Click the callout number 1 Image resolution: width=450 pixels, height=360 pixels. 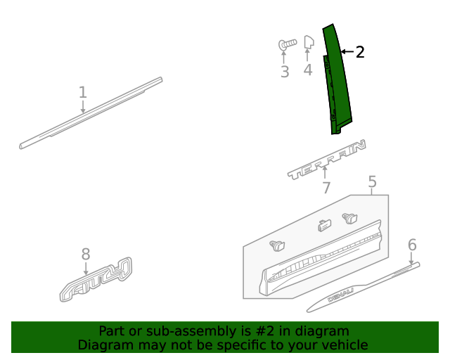tap(83, 92)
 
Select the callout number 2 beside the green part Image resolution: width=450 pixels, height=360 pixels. tap(360, 52)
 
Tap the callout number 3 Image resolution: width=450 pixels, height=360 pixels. tap(285, 72)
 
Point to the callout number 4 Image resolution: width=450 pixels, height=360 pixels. tap(308, 70)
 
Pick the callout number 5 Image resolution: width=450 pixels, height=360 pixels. tap(372, 183)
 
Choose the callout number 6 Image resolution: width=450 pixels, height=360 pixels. tap(412, 245)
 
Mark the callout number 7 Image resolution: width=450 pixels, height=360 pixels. tap(326, 188)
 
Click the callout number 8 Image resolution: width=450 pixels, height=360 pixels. tap(86, 254)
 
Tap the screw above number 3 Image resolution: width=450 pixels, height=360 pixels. tap(285, 46)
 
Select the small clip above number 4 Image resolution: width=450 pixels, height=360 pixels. tap(308, 44)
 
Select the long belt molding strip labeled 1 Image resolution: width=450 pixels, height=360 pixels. tap(91, 114)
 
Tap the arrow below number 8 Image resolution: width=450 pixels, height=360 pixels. tap(86, 268)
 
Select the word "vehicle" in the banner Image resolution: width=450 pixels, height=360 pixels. tap(343, 345)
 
